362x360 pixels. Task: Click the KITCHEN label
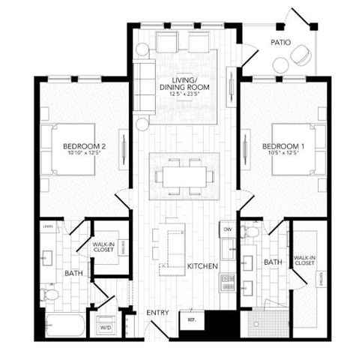[x=202, y=266]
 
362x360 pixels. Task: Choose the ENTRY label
[x=157, y=312]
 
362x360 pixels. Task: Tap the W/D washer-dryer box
[x=106, y=328]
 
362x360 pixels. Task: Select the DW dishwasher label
[x=228, y=227]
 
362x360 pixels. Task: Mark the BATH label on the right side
[x=272, y=262]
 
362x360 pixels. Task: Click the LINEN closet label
[x=48, y=226]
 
